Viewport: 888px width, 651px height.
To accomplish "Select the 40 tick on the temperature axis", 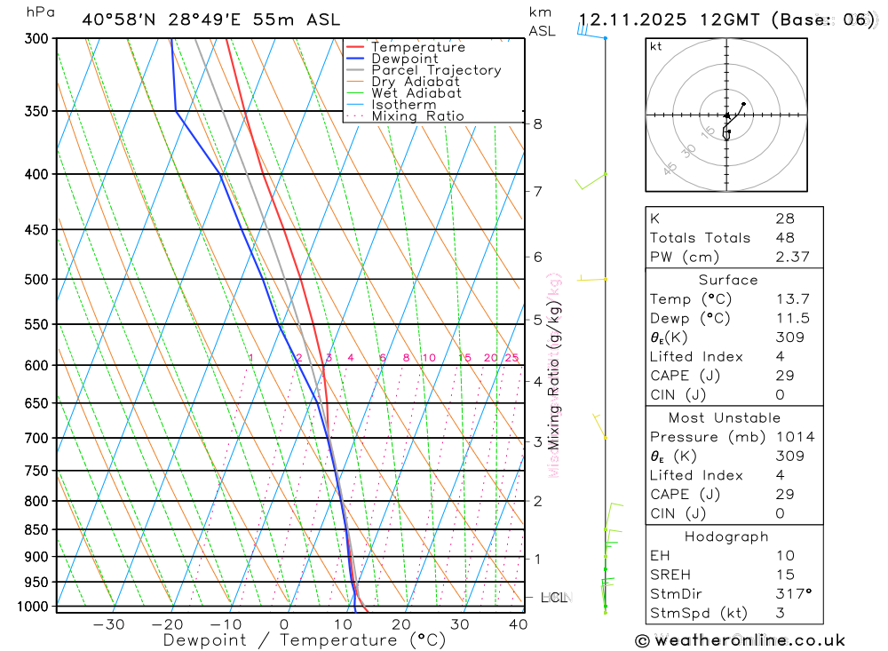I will coord(517,624).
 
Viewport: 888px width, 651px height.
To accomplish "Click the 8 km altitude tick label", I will coord(537,123).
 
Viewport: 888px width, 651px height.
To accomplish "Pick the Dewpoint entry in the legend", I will coord(405,59).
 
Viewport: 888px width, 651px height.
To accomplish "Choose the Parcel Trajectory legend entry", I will coord(436,70).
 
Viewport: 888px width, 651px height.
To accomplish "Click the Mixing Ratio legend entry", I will coord(417,116).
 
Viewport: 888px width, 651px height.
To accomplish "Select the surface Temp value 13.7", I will coord(792,299).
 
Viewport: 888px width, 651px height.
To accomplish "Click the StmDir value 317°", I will coord(793,594).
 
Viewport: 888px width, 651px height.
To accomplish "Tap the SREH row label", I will coord(670,575).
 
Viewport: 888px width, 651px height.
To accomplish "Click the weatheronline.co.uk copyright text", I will coord(740,640).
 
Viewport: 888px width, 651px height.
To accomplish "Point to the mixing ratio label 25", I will coord(511,358).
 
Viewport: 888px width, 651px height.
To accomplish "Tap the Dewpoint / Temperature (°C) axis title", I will coord(305,640).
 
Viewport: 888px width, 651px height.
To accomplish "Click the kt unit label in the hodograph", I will coord(656,46).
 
